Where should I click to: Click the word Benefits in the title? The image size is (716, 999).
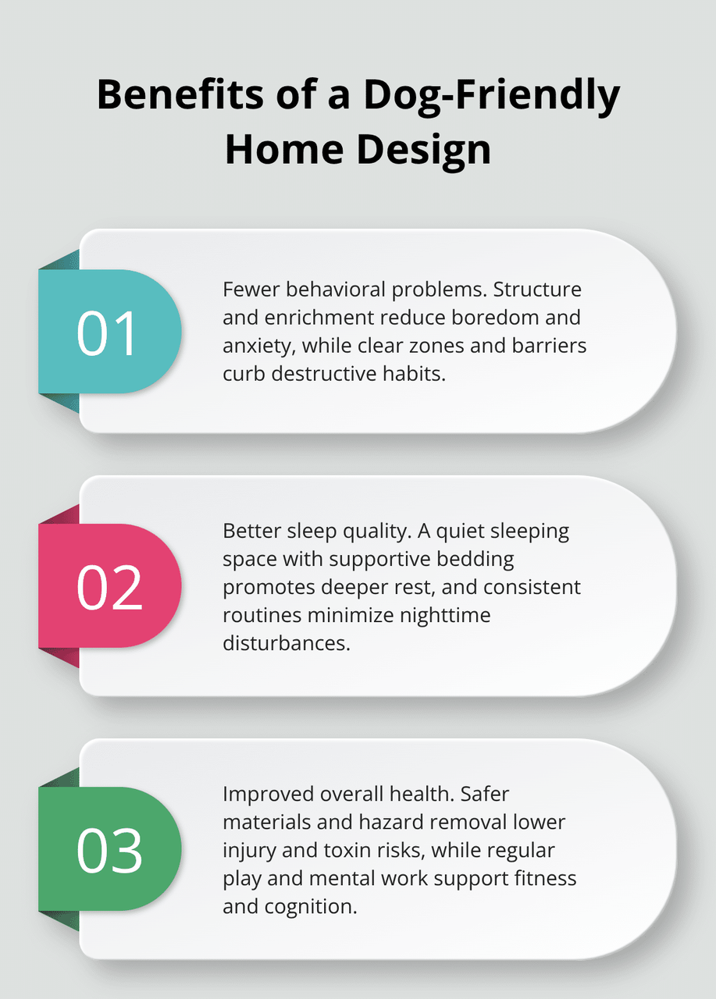click(x=180, y=94)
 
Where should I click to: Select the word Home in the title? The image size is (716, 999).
click(x=284, y=149)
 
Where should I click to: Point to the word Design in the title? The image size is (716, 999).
click(x=423, y=151)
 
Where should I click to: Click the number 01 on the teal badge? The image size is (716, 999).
click(x=106, y=332)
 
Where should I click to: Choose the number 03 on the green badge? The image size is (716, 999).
click(x=109, y=850)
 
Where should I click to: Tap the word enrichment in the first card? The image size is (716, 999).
click(x=319, y=318)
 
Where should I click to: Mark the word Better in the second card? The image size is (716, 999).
click(x=251, y=531)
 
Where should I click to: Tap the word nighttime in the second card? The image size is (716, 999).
click(x=445, y=616)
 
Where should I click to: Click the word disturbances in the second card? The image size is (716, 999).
click(x=287, y=644)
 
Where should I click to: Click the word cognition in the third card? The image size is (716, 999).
click(x=311, y=907)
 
